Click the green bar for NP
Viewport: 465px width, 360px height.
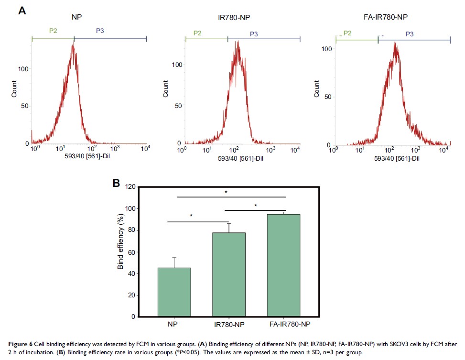174,292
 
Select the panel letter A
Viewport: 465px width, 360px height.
22,10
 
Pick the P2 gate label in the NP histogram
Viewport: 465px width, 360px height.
53,31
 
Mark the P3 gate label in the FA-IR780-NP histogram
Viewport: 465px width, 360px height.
410,33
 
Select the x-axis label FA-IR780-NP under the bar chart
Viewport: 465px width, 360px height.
285,324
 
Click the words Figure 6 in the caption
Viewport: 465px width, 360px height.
20,344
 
